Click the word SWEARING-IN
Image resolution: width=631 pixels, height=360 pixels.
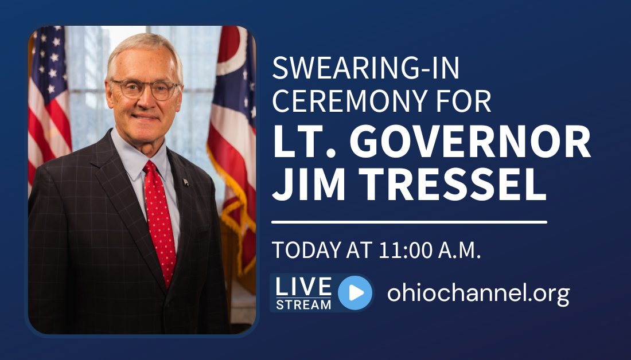pyautogui.click(x=365, y=69)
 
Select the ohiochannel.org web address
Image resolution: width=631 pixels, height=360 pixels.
pyautogui.click(x=478, y=293)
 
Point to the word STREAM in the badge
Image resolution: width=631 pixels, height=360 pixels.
pyautogui.click(x=303, y=304)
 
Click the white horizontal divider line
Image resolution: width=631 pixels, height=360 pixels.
pyautogui.click(x=409, y=221)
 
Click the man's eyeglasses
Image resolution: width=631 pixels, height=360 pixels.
pyautogui.click(x=144, y=89)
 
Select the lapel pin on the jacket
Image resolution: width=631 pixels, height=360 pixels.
pyautogui.click(x=185, y=182)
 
